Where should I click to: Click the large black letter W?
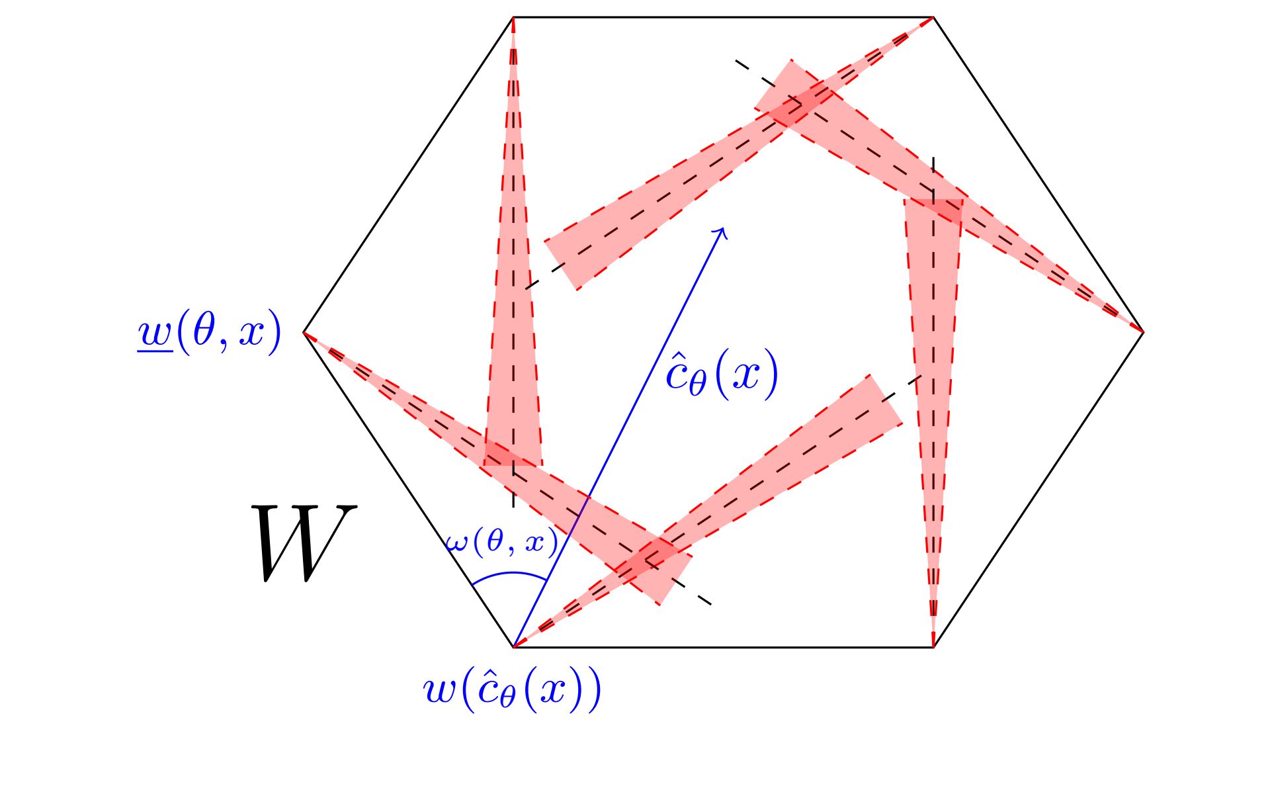pyautogui.click(x=304, y=543)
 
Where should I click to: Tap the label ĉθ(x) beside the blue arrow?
pyautogui.click(x=722, y=375)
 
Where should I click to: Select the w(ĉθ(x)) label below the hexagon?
pyautogui.click(x=512, y=689)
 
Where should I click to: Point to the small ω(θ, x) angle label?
pyautogui.click(x=501, y=542)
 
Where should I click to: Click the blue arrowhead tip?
pyautogui.click(x=726, y=228)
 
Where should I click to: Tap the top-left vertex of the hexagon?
pyautogui.click(x=513, y=17)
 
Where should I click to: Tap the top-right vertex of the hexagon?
pyautogui.click(x=933, y=17)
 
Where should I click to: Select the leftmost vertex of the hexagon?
pyautogui.click(x=304, y=332)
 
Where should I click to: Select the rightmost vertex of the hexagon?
pyautogui.click(x=1144, y=332)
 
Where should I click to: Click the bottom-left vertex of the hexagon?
pyautogui.click(x=513, y=647)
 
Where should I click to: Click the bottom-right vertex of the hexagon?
pyautogui.click(x=933, y=647)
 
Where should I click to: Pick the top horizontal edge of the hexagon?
pyautogui.click(x=723, y=17)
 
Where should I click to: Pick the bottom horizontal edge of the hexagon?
pyautogui.click(x=723, y=647)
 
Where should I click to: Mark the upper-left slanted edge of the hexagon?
pyautogui.click(x=408, y=175)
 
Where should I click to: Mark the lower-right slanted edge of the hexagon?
pyautogui.click(x=1038, y=490)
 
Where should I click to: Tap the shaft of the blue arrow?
pyautogui.click(x=620, y=437)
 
